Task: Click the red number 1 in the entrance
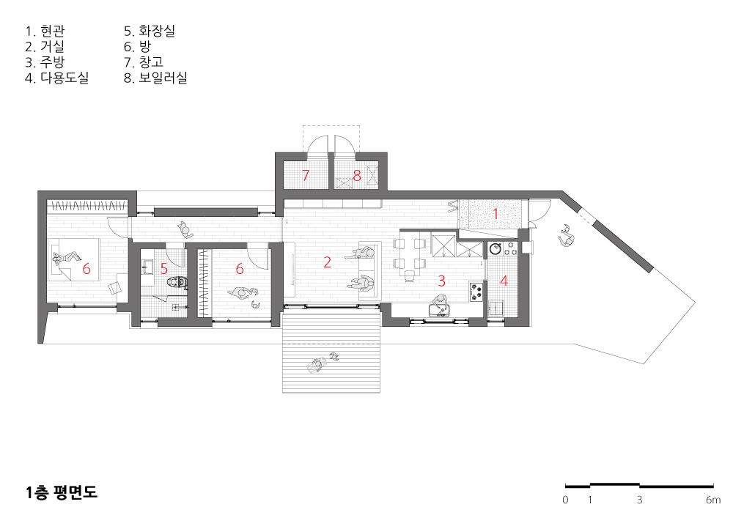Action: tap(496, 214)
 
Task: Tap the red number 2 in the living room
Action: tap(327, 262)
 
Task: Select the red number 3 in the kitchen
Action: tap(441, 281)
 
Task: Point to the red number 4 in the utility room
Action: tap(504, 281)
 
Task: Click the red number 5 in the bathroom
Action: tap(164, 269)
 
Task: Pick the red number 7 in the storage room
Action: tap(306, 176)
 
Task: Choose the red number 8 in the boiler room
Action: tap(357, 176)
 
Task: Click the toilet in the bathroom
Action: tap(177, 281)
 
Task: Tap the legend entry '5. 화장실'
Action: tap(150, 32)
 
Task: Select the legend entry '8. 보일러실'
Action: tap(155, 78)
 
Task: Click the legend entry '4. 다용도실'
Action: tap(57, 78)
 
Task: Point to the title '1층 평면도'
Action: tap(62, 492)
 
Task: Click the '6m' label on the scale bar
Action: tap(713, 500)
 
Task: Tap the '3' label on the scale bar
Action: tap(639, 500)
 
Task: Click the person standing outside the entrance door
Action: tap(566, 235)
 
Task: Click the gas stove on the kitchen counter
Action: tap(476, 292)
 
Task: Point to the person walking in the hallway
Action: tap(185, 229)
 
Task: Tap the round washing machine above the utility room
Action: tap(495, 248)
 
